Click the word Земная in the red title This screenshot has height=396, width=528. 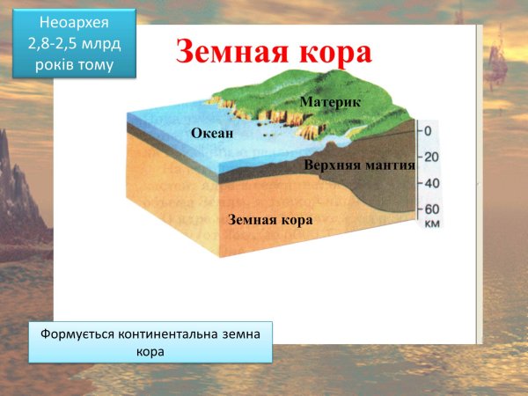pos(231,51)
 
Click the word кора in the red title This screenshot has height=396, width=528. pos(333,51)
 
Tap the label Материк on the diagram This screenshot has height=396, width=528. pos(330,104)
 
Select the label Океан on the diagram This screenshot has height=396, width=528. pos(212,133)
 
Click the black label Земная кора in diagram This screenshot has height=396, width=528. pos(270,219)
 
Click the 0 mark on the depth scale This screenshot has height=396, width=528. pos(428,131)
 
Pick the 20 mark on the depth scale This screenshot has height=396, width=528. pos(431,158)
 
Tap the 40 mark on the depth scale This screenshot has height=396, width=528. pos(431,184)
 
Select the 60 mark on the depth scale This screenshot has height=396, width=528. pos(431,209)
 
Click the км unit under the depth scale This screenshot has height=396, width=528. pos(431,224)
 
